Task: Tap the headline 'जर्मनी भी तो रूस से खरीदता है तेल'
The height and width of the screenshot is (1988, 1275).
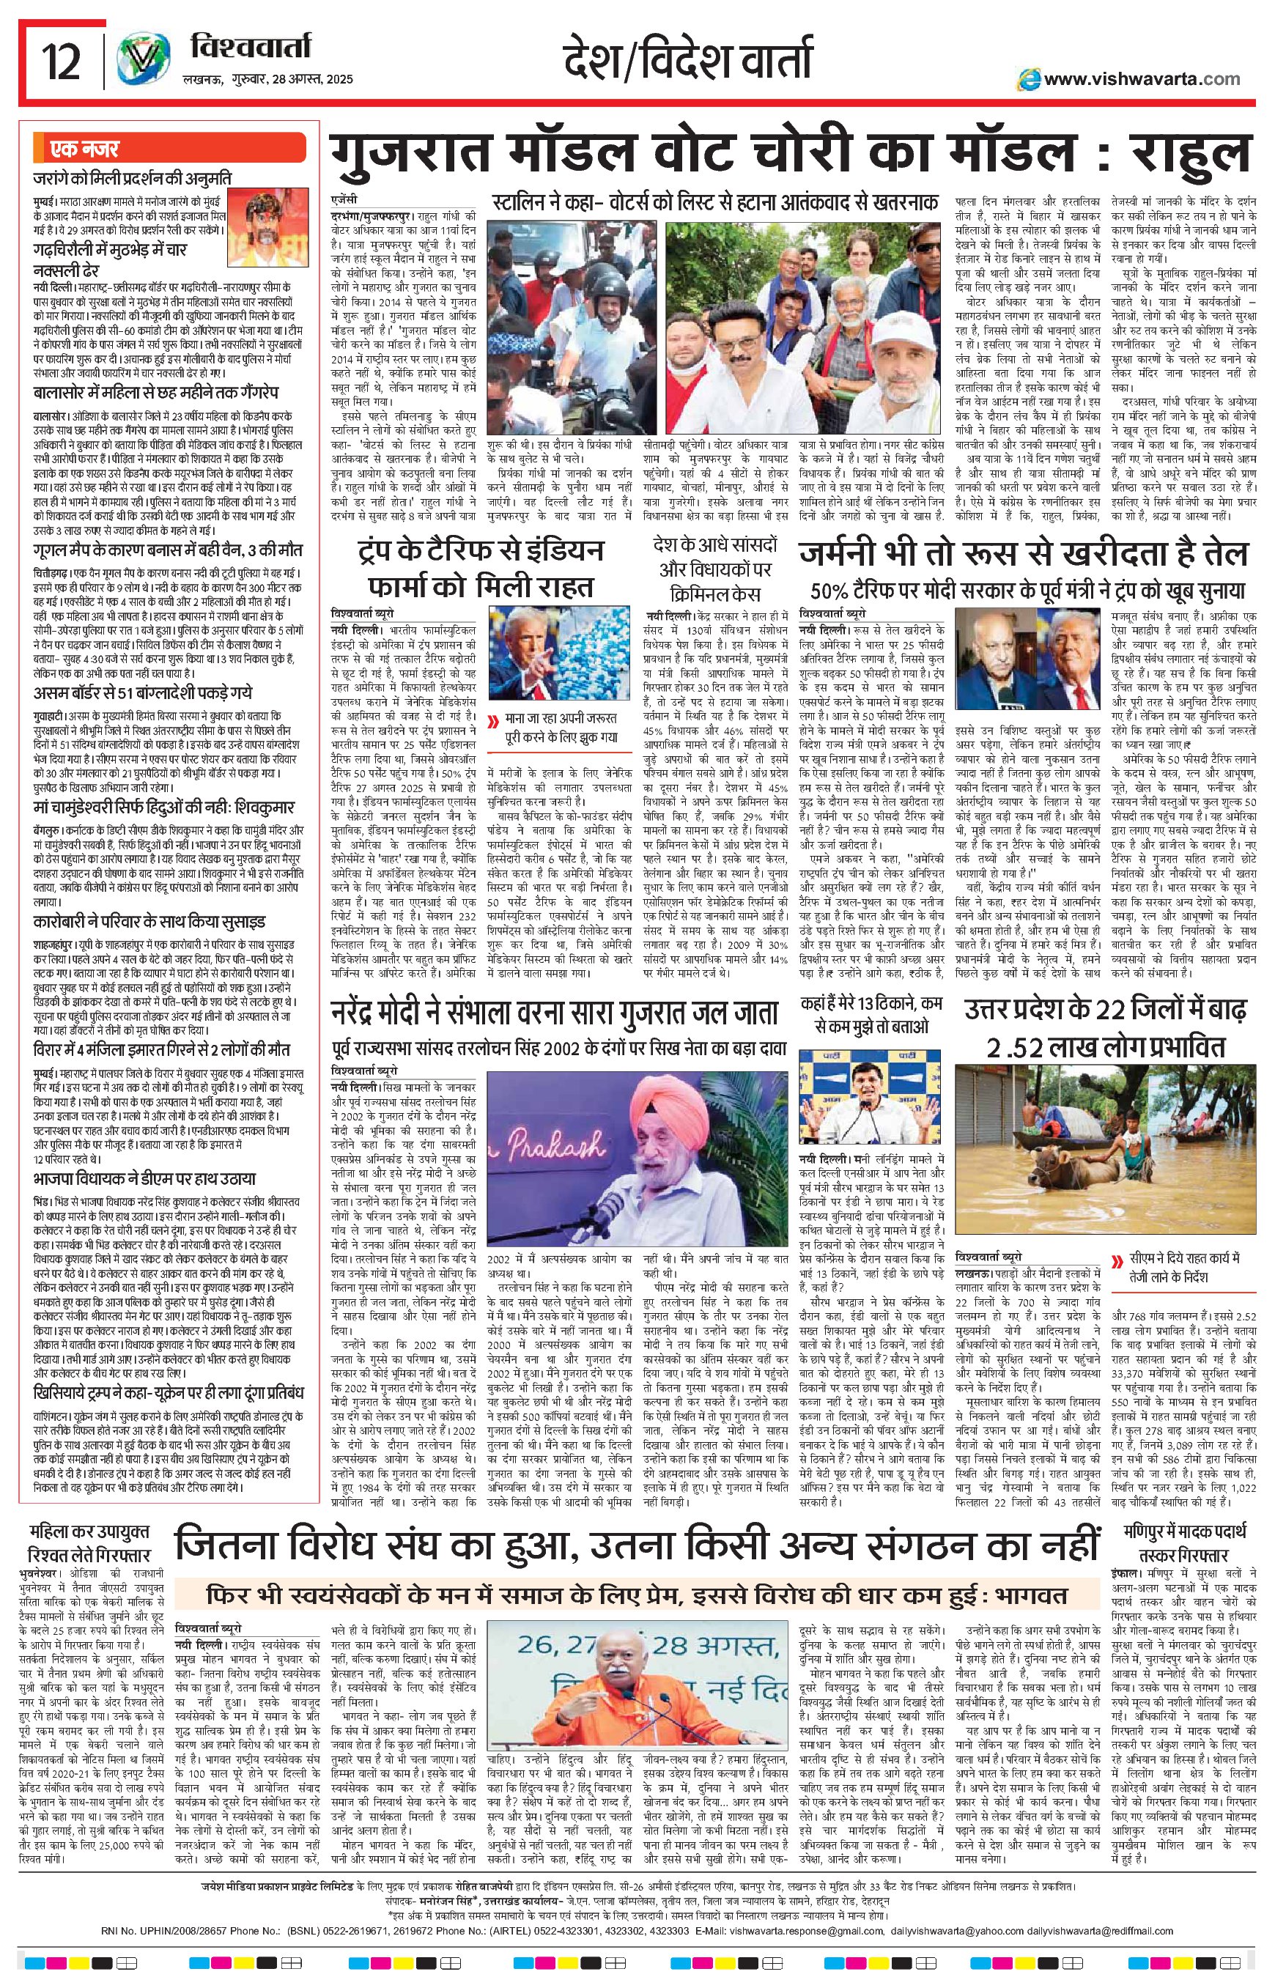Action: click(1022, 553)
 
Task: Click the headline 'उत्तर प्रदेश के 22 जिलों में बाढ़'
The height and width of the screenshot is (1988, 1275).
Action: click(1105, 1031)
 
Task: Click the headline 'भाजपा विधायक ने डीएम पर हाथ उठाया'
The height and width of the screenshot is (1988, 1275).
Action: click(144, 1178)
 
